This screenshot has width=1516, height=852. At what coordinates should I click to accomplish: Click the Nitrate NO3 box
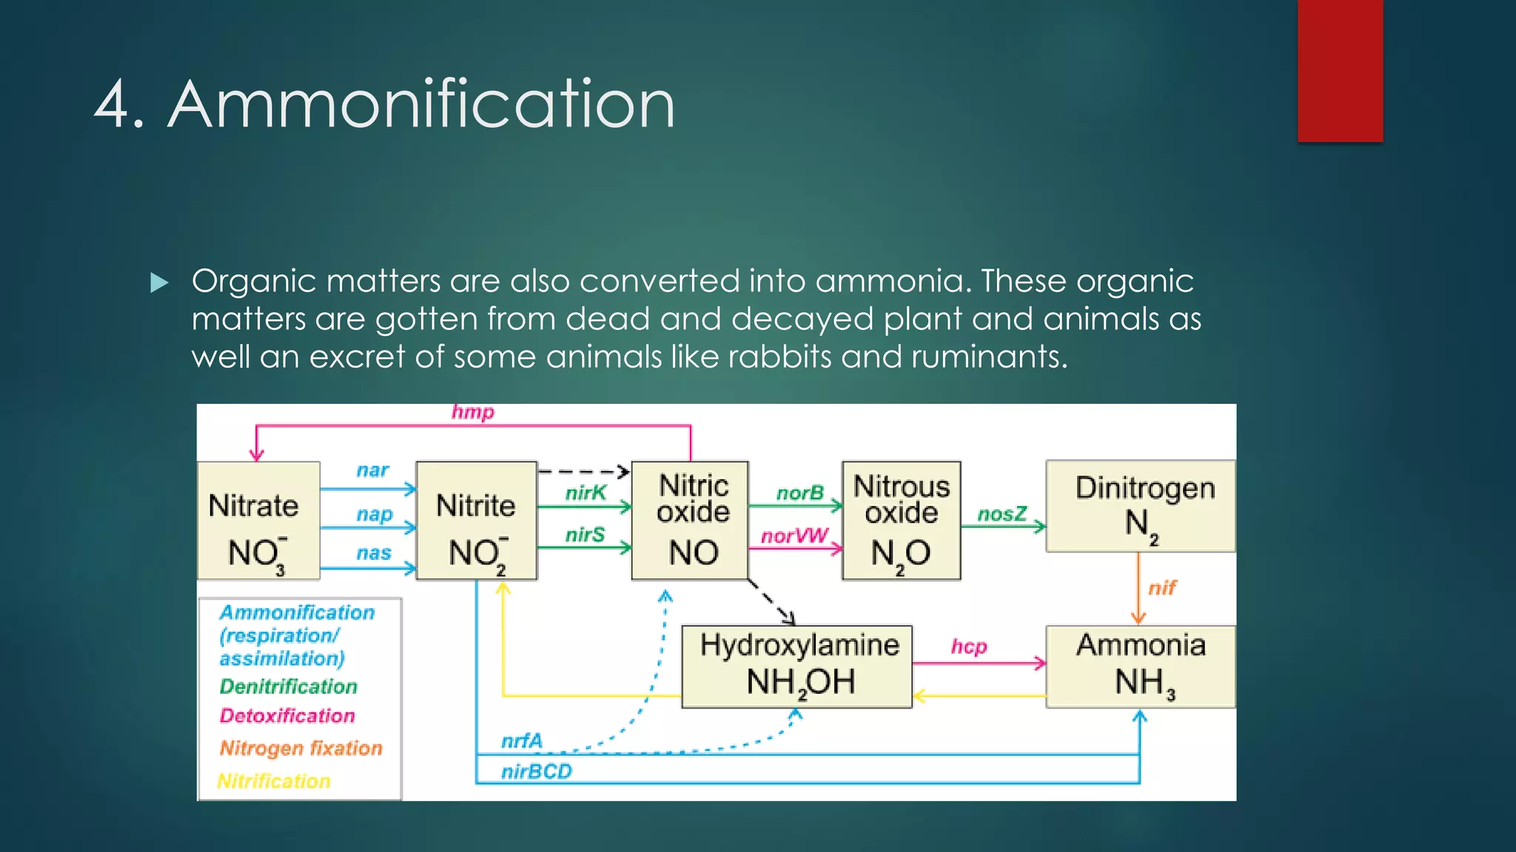tap(258, 521)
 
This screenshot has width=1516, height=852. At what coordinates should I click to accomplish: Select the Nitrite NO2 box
tap(476, 521)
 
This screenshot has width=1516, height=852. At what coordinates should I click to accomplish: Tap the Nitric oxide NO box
tap(690, 521)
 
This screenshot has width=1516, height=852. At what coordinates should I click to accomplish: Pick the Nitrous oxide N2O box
tap(901, 521)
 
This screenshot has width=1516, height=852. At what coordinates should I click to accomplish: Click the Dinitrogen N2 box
tap(1140, 507)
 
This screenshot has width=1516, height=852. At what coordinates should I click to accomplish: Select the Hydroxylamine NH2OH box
tap(796, 666)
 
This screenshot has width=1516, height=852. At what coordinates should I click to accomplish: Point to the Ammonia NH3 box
tap(1140, 666)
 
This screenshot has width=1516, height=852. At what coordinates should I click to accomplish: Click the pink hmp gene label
tap(473, 412)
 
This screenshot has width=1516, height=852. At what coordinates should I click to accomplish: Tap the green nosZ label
tap(1002, 514)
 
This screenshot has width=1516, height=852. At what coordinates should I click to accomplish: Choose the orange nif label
tap(1162, 588)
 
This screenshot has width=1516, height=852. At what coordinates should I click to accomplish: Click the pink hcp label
tap(969, 646)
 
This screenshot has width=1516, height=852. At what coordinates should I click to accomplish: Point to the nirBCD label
tap(537, 772)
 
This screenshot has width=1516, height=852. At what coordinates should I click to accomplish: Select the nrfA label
tap(522, 740)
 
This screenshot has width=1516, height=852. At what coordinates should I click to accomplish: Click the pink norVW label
tap(795, 535)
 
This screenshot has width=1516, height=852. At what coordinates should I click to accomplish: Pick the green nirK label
tap(586, 493)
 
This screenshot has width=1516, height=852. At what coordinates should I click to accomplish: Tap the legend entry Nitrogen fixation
tap(301, 748)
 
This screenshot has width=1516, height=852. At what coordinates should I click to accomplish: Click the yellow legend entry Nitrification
tap(274, 781)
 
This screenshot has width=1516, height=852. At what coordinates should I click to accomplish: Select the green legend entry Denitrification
tap(289, 686)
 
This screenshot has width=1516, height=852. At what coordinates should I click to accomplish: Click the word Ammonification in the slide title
tap(422, 104)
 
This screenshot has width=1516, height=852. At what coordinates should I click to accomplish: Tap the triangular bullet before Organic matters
tap(159, 283)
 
